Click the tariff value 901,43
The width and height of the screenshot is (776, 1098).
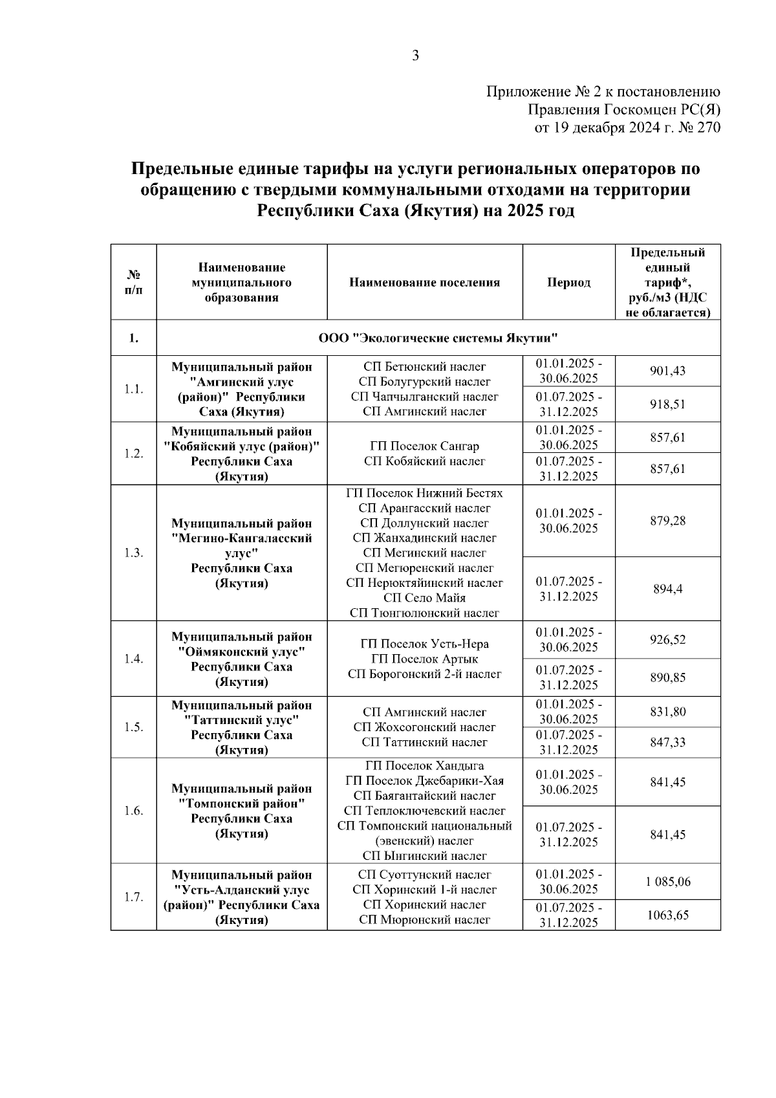click(667, 371)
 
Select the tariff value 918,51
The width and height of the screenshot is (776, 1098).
click(667, 405)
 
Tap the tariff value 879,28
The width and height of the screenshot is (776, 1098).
click(667, 521)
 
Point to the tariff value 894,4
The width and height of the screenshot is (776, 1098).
click(667, 589)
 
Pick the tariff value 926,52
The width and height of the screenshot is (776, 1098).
click(667, 640)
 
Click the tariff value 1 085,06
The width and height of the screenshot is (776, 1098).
click(667, 882)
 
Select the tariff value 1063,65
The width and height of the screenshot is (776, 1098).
click(667, 915)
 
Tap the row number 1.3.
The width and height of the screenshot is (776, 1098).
click(133, 553)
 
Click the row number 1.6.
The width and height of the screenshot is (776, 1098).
click(133, 811)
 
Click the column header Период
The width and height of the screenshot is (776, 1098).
click(568, 283)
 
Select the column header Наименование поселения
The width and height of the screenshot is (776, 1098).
click(424, 283)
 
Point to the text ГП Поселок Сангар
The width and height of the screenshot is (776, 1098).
click(424, 446)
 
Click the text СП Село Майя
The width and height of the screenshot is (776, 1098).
click(424, 598)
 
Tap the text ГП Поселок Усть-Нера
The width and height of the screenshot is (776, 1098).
click(424, 644)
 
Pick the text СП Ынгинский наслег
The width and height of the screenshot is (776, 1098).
click(424, 856)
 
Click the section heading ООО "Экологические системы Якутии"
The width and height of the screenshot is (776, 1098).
click(438, 338)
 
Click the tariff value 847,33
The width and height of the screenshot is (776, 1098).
click(667, 743)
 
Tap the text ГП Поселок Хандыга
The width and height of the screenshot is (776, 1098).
click(424, 766)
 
